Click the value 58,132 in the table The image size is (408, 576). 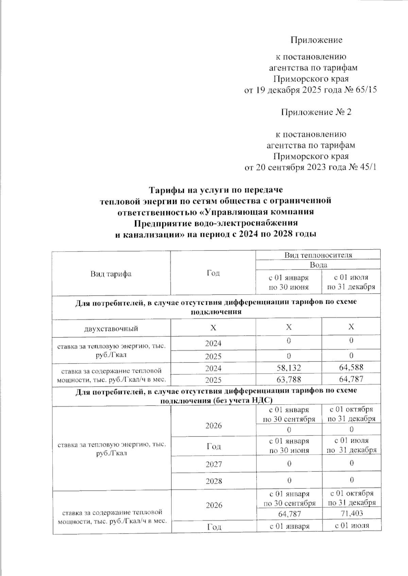pos(289,367)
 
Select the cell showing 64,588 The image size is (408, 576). pos(351,367)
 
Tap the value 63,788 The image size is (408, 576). pos(289,379)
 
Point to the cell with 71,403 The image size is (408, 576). pos(351,514)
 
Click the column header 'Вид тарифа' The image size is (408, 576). pos(111,274)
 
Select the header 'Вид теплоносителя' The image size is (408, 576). pos(318,255)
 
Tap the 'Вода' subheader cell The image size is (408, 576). pos(318,265)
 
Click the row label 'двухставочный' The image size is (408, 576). pos(111,328)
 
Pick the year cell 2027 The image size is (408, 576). pos(213,464)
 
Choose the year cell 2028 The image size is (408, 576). pos(213,481)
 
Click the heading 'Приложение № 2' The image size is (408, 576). pos(316,112)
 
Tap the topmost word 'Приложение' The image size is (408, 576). pos(316,40)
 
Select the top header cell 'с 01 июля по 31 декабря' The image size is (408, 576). pos(351,282)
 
